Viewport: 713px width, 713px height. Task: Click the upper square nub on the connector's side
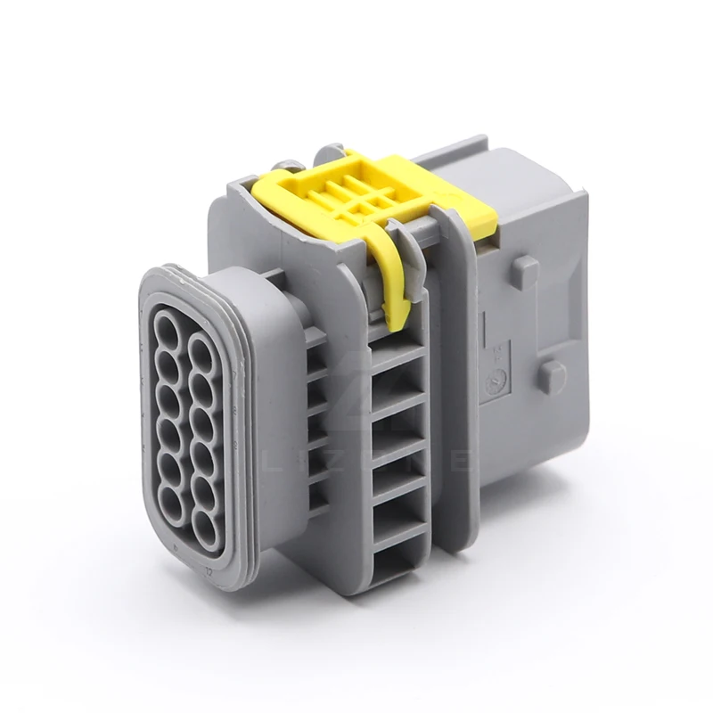pyautogui.click(x=525, y=266)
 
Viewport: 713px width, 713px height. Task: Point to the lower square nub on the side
pyautogui.click(x=552, y=373)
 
